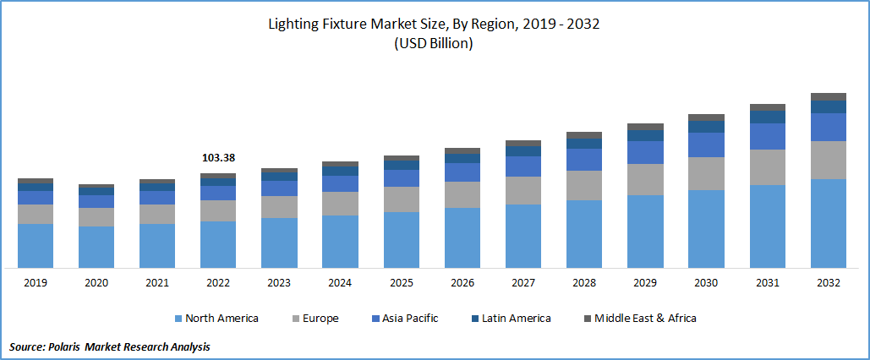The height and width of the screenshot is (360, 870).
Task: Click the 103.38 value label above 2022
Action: (218, 157)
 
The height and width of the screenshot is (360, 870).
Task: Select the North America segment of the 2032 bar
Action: (828, 223)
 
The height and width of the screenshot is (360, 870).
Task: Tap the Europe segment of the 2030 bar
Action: (706, 173)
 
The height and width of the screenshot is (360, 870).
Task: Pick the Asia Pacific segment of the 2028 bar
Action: (584, 160)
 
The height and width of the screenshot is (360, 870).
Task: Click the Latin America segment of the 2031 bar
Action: (767, 117)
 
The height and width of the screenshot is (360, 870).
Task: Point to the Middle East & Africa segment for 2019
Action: (36, 181)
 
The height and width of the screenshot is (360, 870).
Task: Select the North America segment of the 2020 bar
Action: (96, 247)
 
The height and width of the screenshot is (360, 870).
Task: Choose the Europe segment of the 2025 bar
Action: (402, 199)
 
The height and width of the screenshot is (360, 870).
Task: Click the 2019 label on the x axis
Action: (36, 283)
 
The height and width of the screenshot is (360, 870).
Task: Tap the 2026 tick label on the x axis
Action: (462, 283)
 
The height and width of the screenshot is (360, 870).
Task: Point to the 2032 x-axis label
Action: (828, 283)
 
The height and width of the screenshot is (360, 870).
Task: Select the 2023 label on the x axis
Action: (279, 283)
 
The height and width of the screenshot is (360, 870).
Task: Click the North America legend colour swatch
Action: (178, 319)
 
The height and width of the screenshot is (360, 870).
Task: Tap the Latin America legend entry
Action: (516, 319)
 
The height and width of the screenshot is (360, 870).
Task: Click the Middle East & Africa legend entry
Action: (645, 319)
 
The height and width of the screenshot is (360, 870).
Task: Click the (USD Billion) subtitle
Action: (434, 44)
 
